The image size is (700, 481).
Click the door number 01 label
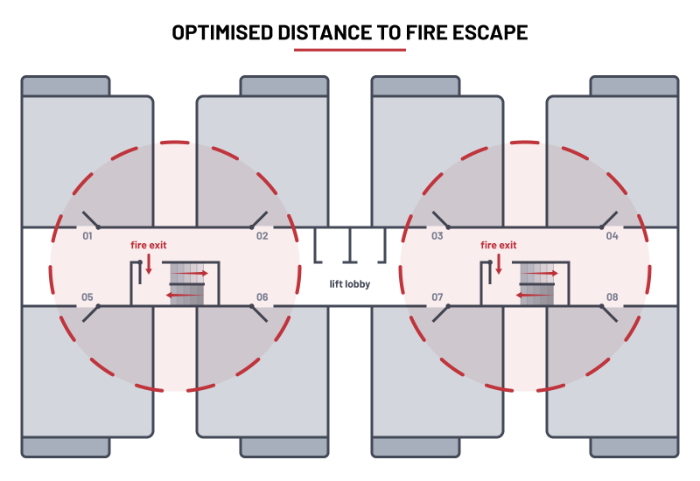[x=87, y=236]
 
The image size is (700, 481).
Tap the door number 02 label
[x=262, y=236]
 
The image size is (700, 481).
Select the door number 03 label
[x=437, y=236]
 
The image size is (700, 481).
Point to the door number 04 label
[x=612, y=236]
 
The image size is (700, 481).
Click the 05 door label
[x=87, y=297]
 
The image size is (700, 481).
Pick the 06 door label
[x=262, y=297]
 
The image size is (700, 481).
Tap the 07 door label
[x=437, y=297]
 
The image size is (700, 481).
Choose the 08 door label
[x=612, y=297]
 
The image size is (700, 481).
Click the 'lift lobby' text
[x=349, y=284]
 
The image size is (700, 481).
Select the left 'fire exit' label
[x=148, y=246]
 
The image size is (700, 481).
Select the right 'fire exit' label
[x=498, y=246]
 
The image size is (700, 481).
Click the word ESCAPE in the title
[x=490, y=33]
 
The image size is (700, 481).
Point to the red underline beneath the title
[x=350, y=50]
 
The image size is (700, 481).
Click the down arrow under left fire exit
[x=149, y=262]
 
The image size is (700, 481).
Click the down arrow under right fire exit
[x=499, y=262]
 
